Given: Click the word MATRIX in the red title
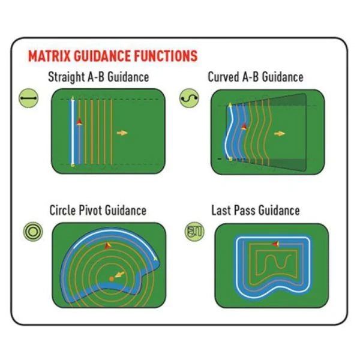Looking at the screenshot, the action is (49, 56).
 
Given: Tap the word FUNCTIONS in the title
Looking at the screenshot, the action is (166, 56).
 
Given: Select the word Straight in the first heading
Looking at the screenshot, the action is (66, 77).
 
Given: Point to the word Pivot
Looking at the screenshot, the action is (90, 210).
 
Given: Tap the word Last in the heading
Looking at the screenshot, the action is (220, 210).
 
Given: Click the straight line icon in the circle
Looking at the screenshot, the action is (28, 98).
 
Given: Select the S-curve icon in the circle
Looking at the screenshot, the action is (189, 98).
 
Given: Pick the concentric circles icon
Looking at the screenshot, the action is (33, 232).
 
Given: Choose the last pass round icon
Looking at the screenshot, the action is (194, 232).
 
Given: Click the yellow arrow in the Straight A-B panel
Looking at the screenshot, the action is (122, 133).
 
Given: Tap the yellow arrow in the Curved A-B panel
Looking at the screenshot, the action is (280, 133).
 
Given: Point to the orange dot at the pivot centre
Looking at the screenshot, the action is (112, 279).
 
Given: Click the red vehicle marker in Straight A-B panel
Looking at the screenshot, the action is (79, 121).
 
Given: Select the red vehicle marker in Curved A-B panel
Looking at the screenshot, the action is (244, 126).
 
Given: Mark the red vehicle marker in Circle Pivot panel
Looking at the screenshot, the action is (107, 245).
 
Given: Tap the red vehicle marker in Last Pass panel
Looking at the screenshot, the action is (275, 244).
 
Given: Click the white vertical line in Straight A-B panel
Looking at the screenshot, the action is (73, 131).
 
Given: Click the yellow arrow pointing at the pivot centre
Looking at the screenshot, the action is (119, 274).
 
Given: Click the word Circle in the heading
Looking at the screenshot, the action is (63, 210).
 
